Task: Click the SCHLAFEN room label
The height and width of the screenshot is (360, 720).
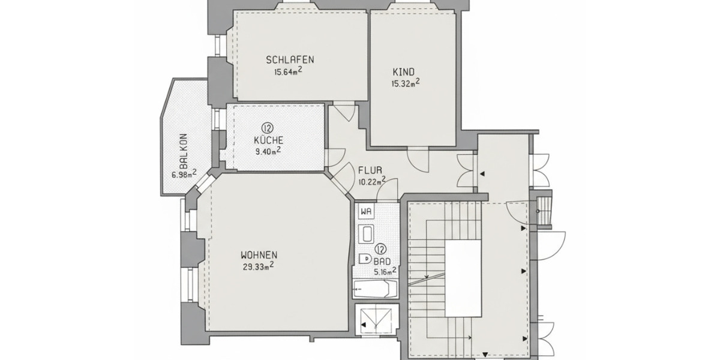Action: (x=290, y=59)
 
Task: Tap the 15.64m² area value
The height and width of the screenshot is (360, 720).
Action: (x=288, y=71)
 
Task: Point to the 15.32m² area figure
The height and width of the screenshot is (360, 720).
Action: (x=405, y=83)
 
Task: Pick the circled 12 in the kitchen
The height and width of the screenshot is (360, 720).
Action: (x=267, y=127)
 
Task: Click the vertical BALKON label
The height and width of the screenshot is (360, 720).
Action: (x=184, y=151)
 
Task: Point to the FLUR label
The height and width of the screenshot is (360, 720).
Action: (x=370, y=170)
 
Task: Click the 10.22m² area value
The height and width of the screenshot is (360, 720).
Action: (x=371, y=181)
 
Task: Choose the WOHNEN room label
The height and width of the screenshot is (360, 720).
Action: (x=259, y=254)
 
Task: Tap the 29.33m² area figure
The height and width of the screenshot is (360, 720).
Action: (x=258, y=265)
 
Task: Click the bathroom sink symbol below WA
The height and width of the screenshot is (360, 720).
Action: (x=366, y=233)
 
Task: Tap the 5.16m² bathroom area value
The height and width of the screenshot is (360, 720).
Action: (x=385, y=271)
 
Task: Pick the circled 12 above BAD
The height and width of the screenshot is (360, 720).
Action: (x=380, y=249)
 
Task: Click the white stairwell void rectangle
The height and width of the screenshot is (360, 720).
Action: (x=463, y=279)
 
